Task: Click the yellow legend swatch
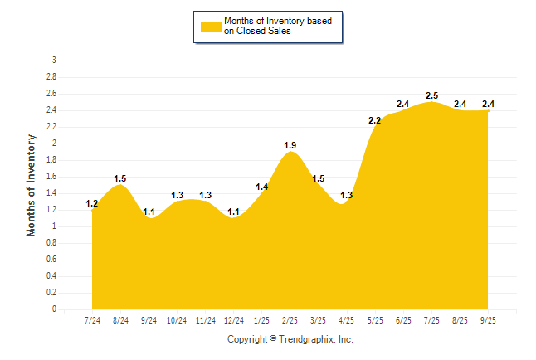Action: (x=212, y=26)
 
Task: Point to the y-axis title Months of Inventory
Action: (x=32, y=185)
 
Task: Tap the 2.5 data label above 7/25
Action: (x=431, y=95)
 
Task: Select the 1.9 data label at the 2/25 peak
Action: (x=290, y=145)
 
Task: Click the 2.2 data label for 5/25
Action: (x=374, y=120)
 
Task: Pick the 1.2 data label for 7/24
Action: (x=92, y=203)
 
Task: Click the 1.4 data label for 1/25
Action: (x=261, y=187)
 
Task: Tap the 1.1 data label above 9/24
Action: (x=149, y=212)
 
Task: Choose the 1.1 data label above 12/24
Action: (x=233, y=212)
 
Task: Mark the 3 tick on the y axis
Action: (x=54, y=61)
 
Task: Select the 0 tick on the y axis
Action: (x=54, y=309)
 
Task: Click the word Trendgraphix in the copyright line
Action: (x=306, y=339)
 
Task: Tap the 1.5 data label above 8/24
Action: (x=120, y=178)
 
